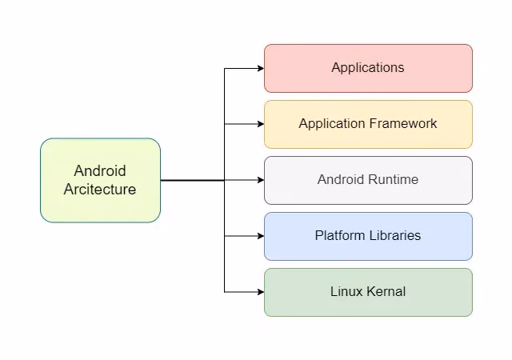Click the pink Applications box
(368, 68)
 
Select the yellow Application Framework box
(368, 124)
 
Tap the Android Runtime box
(368, 180)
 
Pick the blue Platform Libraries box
(368, 236)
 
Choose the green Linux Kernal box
(368, 292)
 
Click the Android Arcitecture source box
(100, 180)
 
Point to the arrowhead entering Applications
(260, 68)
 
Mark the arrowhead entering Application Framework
(260, 124)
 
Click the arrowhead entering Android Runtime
(260, 180)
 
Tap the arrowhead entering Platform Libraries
(260, 236)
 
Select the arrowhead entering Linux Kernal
(260, 292)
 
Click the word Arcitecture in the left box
(100, 190)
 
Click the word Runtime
(393, 180)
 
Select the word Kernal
(386, 292)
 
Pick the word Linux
(346, 292)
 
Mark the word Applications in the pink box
(368, 68)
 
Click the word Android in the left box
(100, 171)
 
